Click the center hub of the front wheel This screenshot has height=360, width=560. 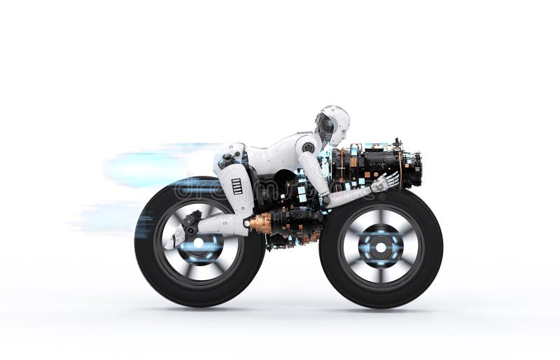coord(380,247)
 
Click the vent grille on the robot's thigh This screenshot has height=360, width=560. coord(237,186)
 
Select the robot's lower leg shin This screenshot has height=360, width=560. coord(217,225)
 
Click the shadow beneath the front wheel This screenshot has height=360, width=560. coord(381,308)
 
